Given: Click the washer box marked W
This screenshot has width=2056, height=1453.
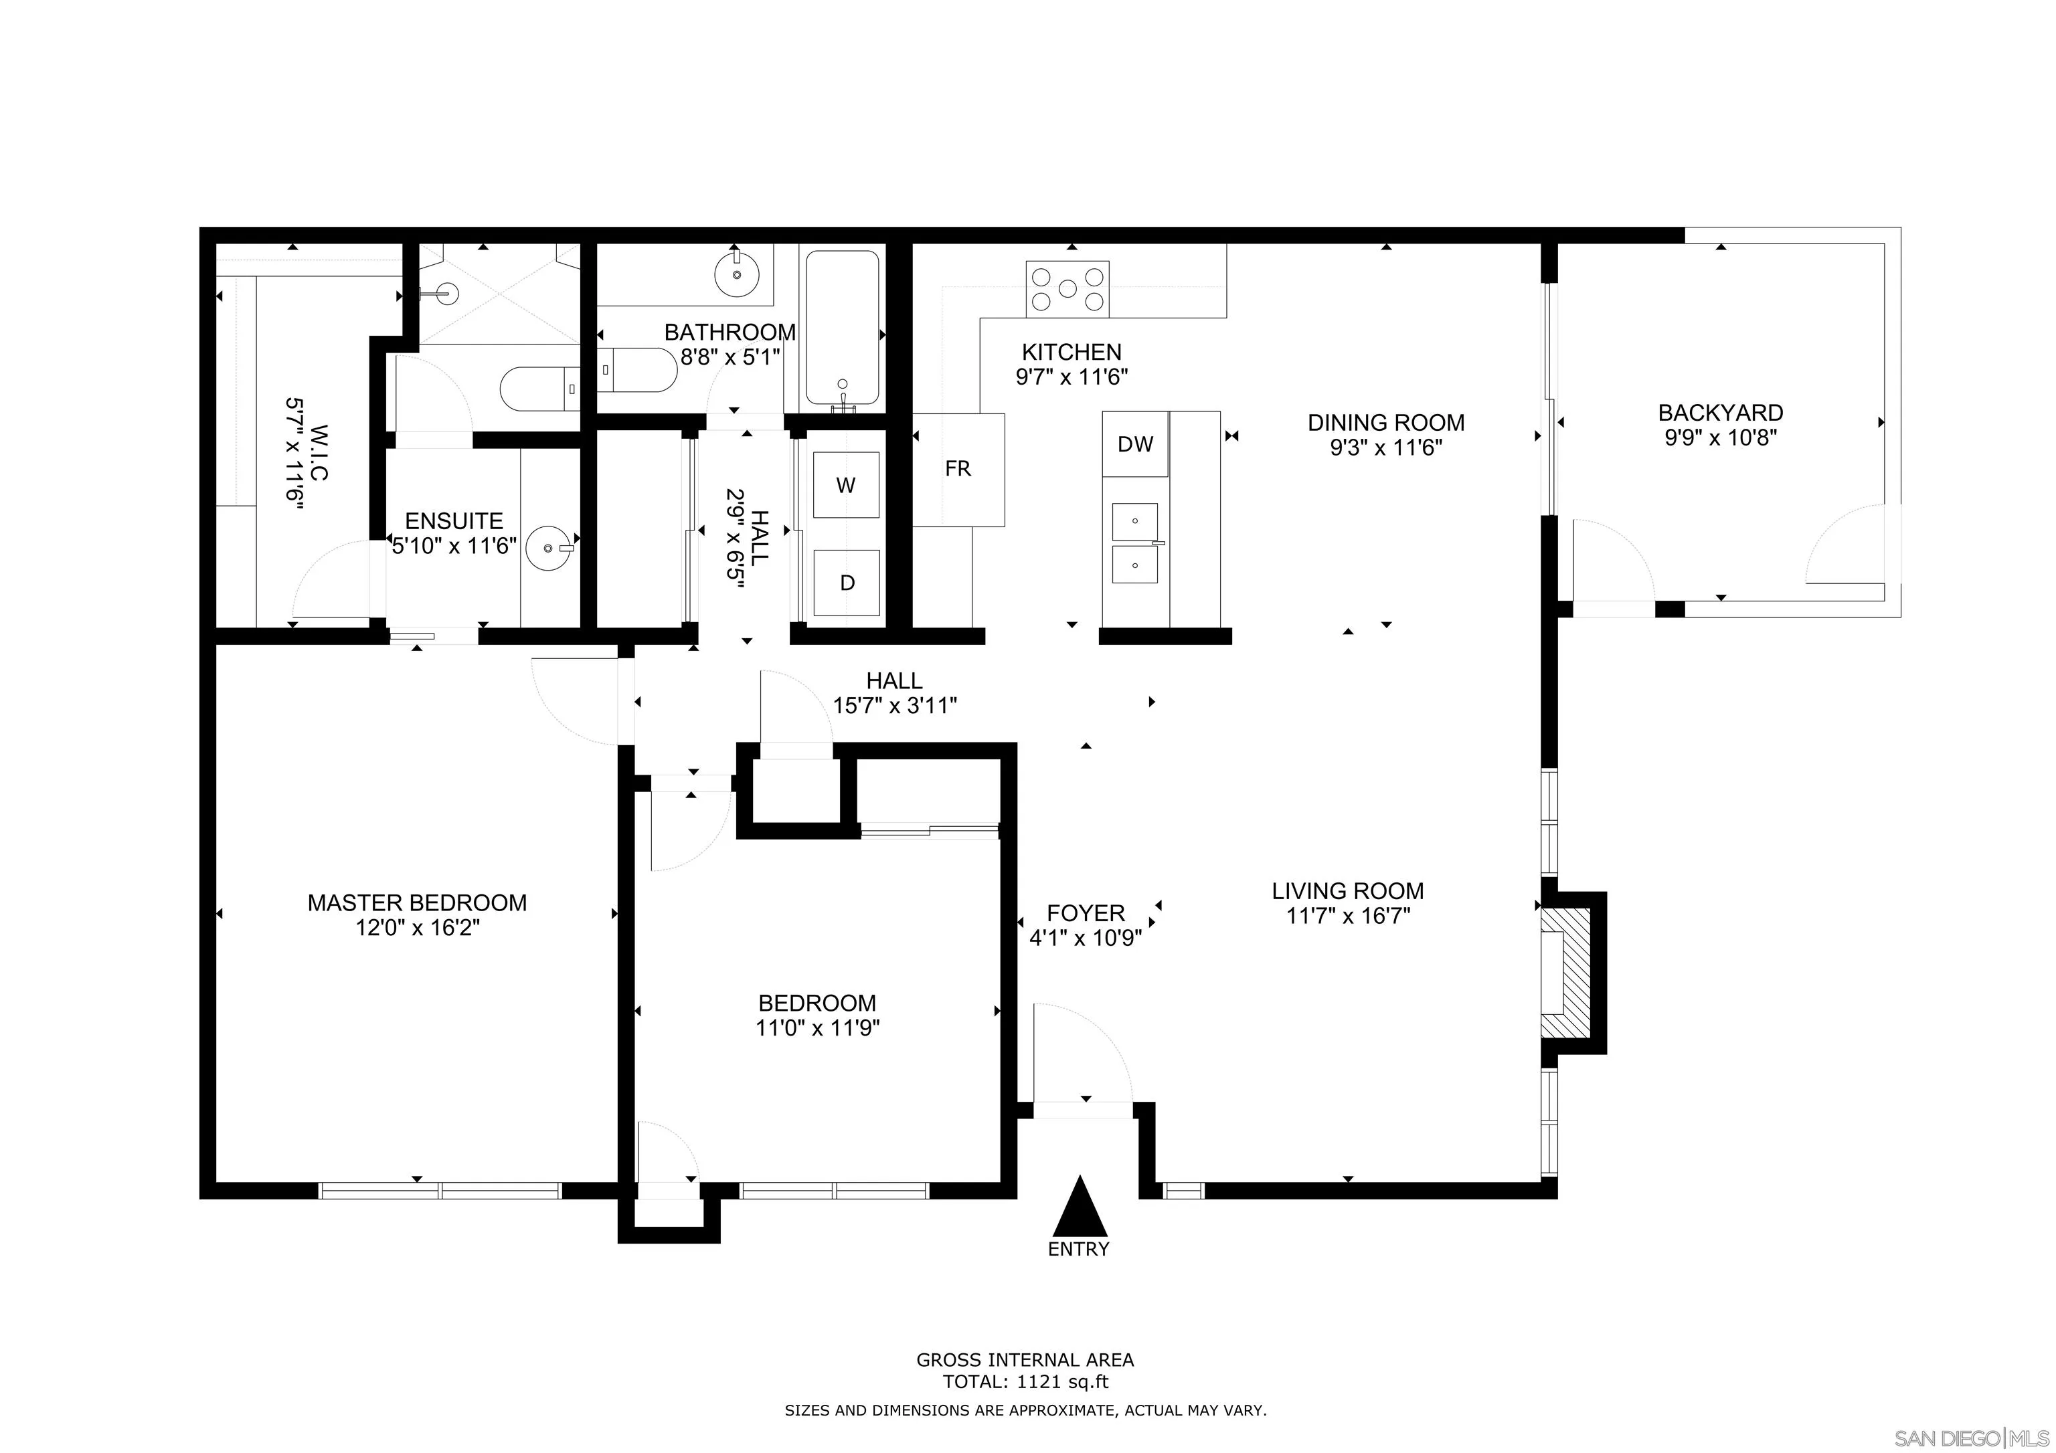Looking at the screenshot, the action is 845,484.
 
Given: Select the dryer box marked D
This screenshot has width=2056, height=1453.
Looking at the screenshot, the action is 845,583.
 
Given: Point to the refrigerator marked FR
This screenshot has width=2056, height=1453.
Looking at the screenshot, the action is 958,469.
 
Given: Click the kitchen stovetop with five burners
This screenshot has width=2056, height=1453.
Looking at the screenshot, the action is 1067,288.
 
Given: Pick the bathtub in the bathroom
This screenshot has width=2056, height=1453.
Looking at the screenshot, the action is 842,328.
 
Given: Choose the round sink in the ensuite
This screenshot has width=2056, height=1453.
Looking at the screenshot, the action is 548,548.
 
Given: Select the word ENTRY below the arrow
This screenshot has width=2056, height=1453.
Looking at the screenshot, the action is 1079,1249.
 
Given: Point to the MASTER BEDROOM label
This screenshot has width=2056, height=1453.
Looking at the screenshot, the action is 417,902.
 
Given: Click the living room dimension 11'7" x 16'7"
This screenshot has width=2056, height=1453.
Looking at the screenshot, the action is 1348,916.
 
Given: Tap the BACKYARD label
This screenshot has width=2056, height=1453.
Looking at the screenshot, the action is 1720,413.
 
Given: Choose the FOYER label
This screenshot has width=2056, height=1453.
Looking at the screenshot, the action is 1086,912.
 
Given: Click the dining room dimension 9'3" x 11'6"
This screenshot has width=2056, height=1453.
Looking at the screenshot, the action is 1385,448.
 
